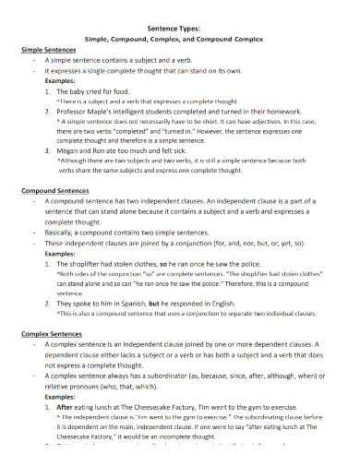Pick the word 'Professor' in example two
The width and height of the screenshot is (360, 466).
[77, 111]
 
